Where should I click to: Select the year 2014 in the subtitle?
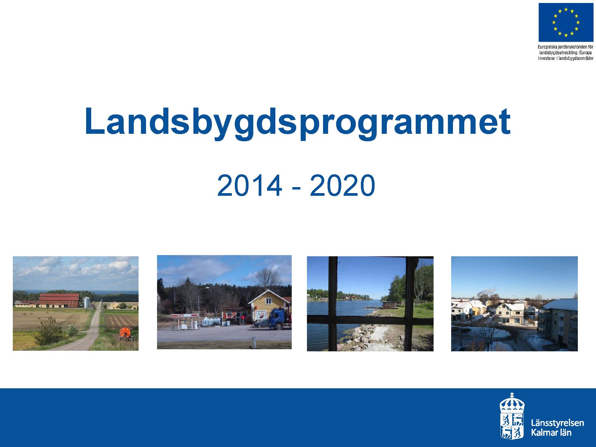(x=249, y=185)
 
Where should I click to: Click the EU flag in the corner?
(x=566, y=23)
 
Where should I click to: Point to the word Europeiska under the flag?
(x=549, y=47)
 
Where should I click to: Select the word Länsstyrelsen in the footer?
(x=557, y=423)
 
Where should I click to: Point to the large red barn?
(x=59, y=300)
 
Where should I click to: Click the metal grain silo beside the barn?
(x=86, y=302)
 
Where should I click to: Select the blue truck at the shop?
(x=280, y=319)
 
